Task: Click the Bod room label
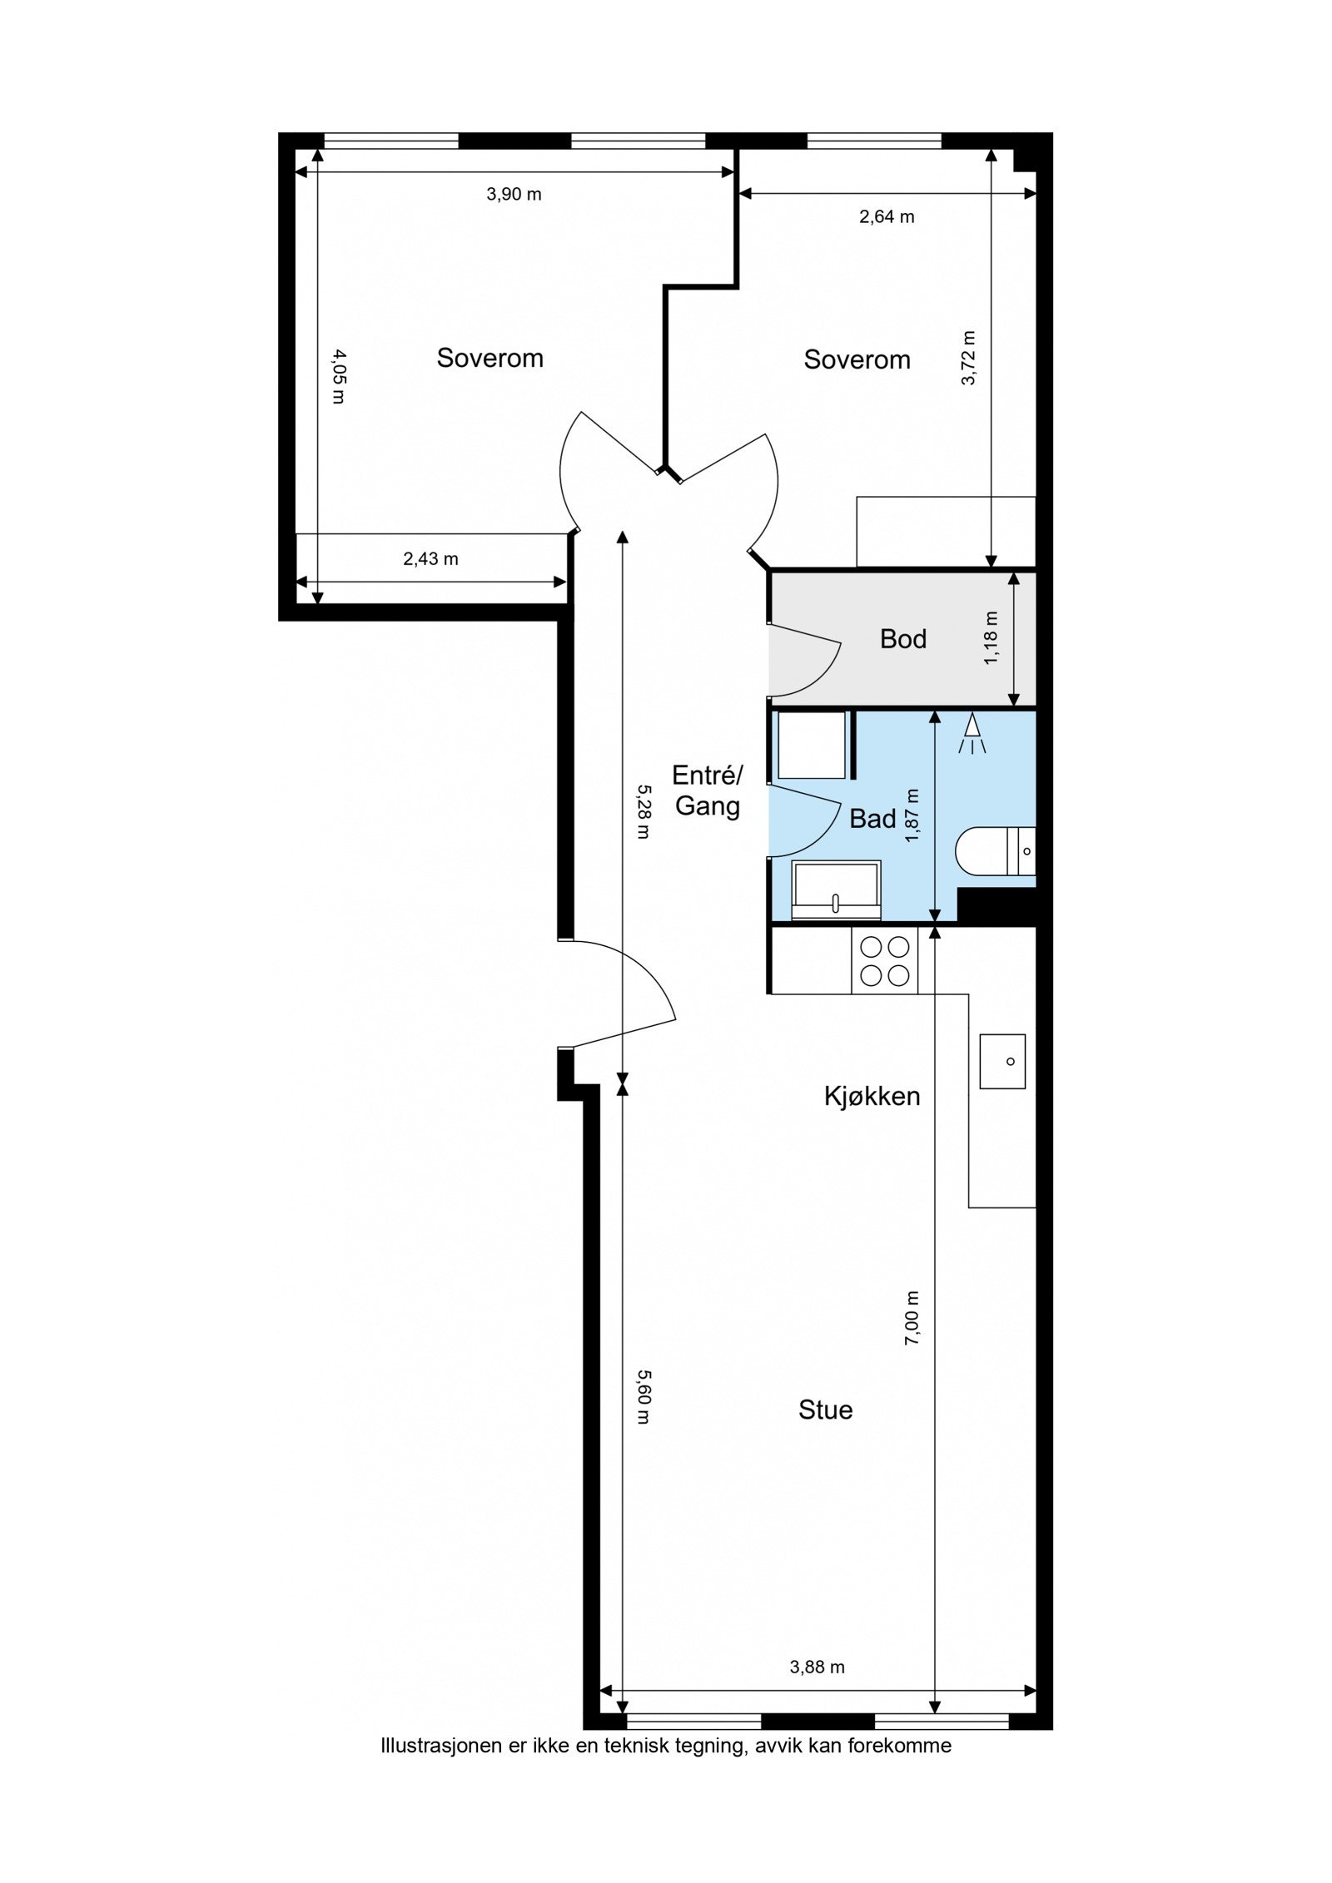pos(902,638)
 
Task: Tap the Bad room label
pos(872,819)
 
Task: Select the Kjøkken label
pos(872,1096)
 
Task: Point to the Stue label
pos(825,1410)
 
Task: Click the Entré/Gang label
pos(707,790)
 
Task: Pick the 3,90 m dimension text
pos(514,194)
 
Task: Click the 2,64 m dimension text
pos(887,216)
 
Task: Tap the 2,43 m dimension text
pos(430,559)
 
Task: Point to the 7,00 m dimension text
pos(912,1319)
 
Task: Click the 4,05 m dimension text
pos(338,376)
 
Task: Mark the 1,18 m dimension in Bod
pos(991,638)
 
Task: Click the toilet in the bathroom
pos(996,851)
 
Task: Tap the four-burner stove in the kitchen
pos(884,961)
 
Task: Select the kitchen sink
pos(1002,1061)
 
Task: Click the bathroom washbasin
pos(836,889)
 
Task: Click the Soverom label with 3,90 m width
pos(490,358)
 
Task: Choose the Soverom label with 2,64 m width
pos(857,359)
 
